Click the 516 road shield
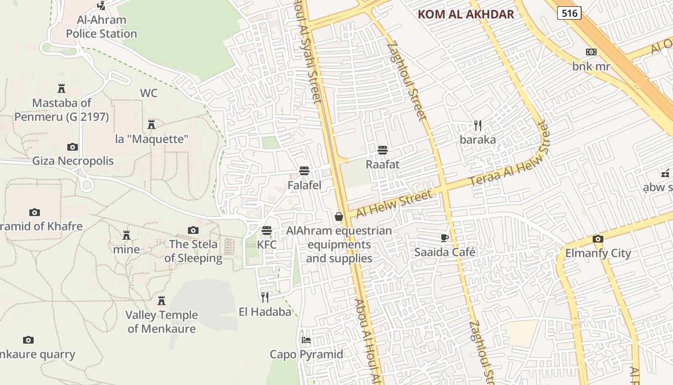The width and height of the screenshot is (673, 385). click(x=569, y=13)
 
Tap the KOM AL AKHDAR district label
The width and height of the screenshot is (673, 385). click(x=466, y=14)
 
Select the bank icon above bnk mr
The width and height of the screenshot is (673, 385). click(x=591, y=52)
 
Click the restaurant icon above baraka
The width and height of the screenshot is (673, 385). click(x=477, y=126)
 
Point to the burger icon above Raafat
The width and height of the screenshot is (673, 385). click(x=383, y=150)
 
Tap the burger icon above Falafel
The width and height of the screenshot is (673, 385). click(x=304, y=171)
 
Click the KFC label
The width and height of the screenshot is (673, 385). click(x=267, y=244)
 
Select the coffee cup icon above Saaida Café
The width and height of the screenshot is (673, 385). click(x=445, y=238)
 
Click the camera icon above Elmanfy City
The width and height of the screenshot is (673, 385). click(x=598, y=239)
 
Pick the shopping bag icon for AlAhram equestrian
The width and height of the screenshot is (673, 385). click(x=339, y=217)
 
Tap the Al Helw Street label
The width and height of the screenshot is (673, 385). click(x=394, y=204)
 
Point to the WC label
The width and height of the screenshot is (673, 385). click(x=149, y=93)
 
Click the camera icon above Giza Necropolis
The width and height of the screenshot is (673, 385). click(x=73, y=147)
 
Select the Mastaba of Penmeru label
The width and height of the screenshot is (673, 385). click(x=62, y=110)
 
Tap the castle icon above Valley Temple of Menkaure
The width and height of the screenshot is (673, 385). click(x=162, y=301)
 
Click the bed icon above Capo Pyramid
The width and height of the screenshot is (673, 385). click(x=306, y=340)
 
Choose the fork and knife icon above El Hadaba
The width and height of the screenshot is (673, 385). click(x=265, y=297)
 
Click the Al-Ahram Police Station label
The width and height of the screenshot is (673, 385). click(x=101, y=27)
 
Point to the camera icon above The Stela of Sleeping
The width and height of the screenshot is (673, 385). click(x=193, y=230)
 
